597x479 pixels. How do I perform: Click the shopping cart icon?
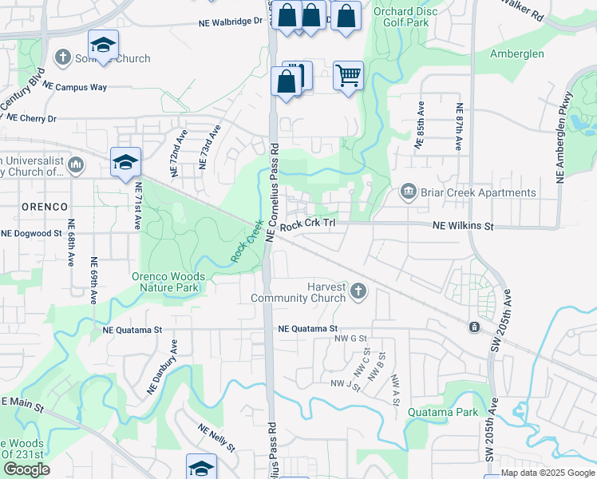(348, 77)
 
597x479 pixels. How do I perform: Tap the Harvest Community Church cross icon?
(358, 291)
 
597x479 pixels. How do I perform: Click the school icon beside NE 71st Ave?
(126, 162)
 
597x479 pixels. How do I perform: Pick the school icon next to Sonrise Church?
(103, 45)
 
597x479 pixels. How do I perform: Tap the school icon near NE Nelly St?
(201, 467)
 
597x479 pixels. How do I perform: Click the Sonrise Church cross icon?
(63, 57)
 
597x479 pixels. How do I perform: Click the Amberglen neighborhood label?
(516, 53)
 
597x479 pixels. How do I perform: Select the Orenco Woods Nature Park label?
(168, 282)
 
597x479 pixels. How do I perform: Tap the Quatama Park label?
(442, 412)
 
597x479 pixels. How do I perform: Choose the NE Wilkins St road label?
(463, 227)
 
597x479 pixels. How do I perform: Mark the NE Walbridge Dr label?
(231, 22)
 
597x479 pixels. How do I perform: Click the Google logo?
(26, 469)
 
